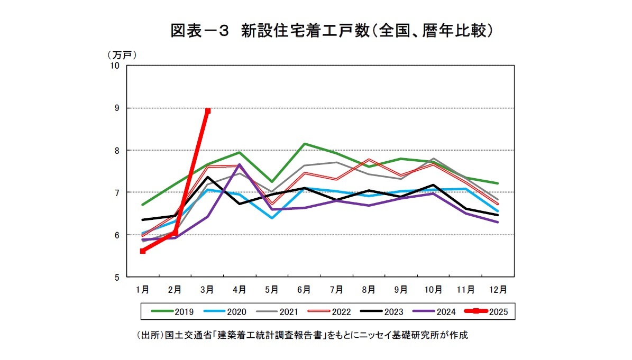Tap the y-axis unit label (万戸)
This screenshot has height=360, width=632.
tap(122, 54)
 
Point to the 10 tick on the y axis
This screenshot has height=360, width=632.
tap(115, 66)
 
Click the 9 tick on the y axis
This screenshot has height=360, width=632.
tap(116, 108)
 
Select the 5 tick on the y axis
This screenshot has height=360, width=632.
tap(116, 277)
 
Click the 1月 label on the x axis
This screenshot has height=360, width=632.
tap(142, 289)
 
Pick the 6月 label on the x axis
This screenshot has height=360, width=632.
tap(304, 289)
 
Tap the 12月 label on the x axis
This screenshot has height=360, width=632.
tap(498, 289)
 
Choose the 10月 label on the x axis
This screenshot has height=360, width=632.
tap(434, 289)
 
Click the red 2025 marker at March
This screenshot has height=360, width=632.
tap(208, 110)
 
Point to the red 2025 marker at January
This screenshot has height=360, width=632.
tap(143, 251)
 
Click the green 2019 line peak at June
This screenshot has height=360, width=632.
tap(305, 144)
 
